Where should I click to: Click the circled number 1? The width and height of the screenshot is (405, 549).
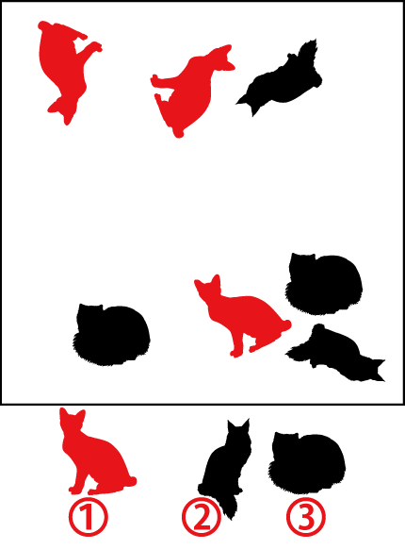(x=88, y=517)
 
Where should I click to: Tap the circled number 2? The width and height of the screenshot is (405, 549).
(x=202, y=517)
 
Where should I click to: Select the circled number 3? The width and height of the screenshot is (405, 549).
(x=306, y=517)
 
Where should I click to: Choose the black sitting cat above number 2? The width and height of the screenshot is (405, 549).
(x=226, y=466)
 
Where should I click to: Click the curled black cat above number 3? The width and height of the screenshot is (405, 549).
(x=307, y=463)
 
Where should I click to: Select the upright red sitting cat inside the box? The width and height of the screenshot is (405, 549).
(x=241, y=315)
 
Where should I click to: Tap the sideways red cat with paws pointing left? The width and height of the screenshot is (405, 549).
(x=190, y=91)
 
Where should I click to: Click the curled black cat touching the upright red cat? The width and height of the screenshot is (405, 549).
(x=323, y=284)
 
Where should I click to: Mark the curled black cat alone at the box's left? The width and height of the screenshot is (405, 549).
(x=111, y=335)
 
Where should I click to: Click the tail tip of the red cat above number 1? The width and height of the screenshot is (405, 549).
(x=132, y=481)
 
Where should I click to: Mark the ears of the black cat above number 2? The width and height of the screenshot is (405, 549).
(x=238, y=423)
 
